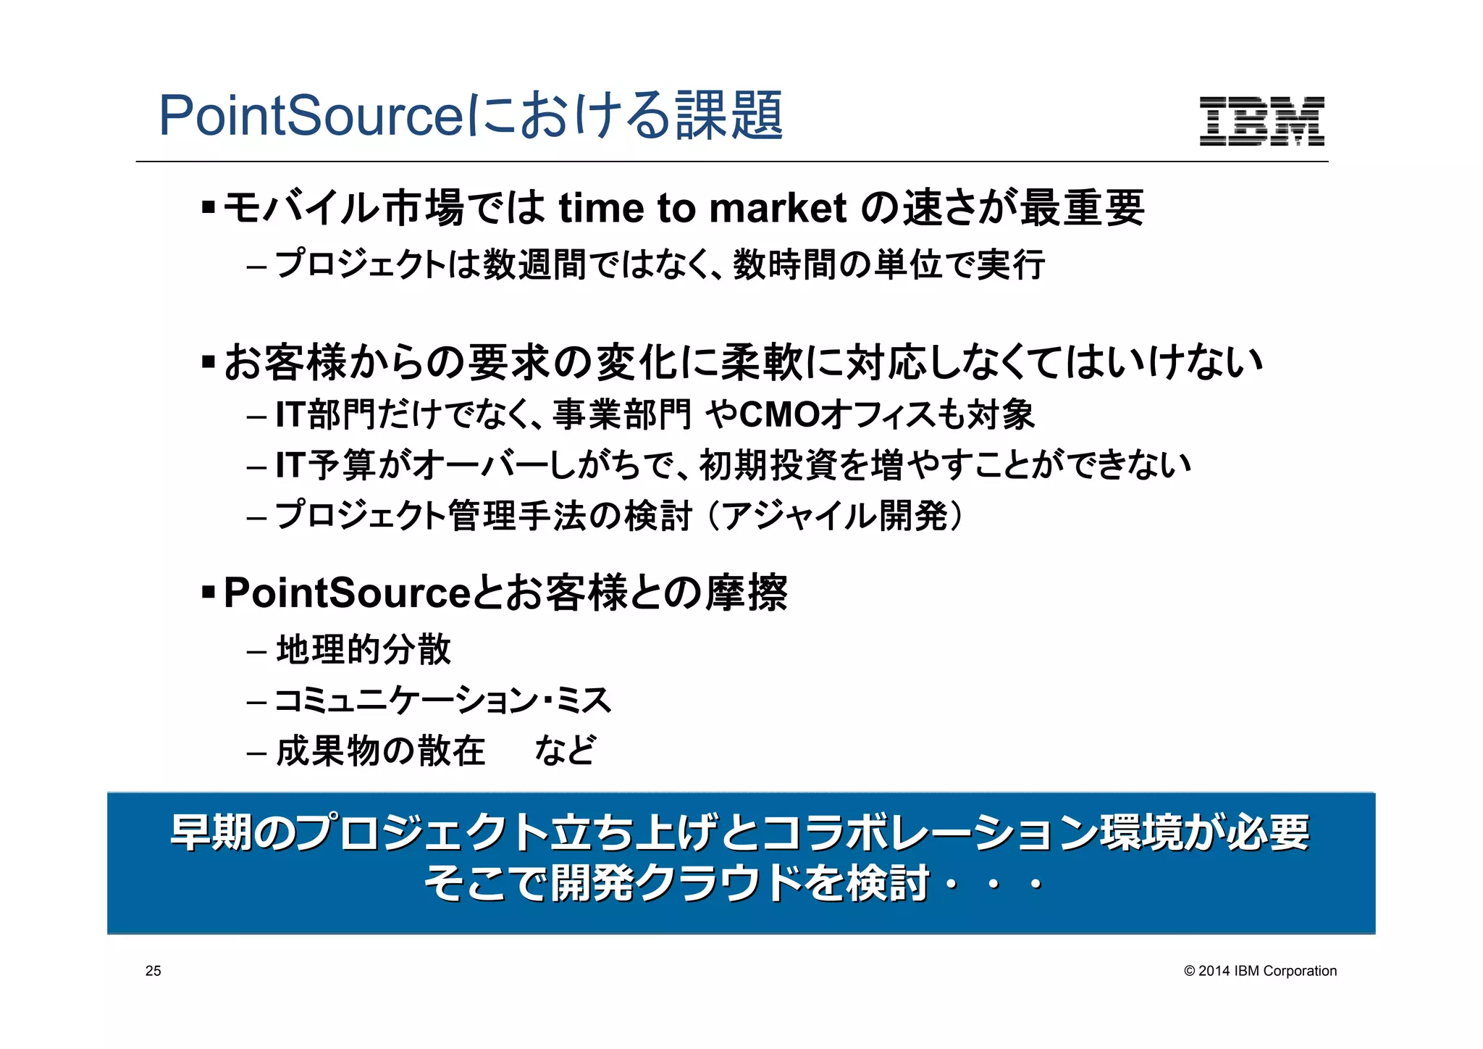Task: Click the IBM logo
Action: [1261, 121]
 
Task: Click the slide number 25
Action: [153, 971]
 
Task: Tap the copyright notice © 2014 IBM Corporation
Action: [1260, 971]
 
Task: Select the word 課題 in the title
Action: [729, 115]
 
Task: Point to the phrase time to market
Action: [702, 209]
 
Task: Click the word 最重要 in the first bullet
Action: [1082, 209]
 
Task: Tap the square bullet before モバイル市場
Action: [209, 208]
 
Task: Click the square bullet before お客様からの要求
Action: [209, 361]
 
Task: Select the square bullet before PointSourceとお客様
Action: [209, 593]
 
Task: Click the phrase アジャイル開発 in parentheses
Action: [834, 516]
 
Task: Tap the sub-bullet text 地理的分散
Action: [364, 649]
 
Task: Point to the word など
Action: [566, 751]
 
